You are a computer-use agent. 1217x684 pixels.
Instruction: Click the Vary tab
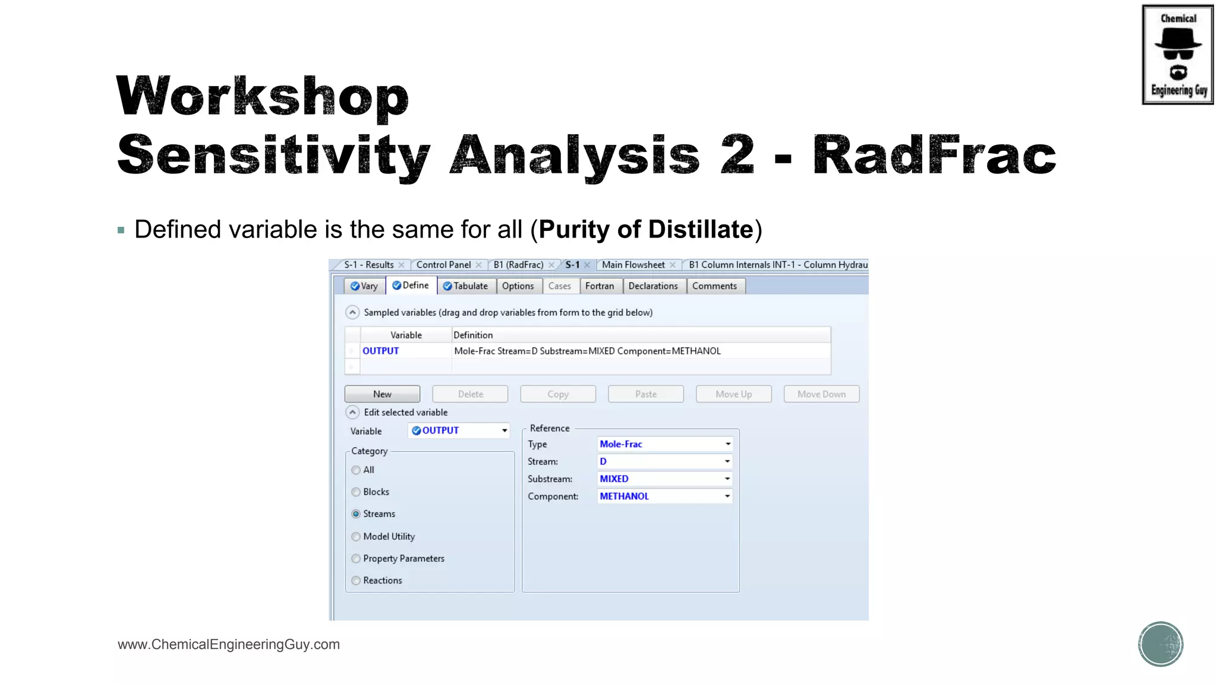pyautogui.click(x=364, y=286)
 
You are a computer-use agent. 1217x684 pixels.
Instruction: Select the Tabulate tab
pyautogui.click(x=465, y=286)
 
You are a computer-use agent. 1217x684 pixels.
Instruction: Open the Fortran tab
pyautogui.click(x=599, y=286)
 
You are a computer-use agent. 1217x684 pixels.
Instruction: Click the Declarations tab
pyautogui.click(x=652, y=286)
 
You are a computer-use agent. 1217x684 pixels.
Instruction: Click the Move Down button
pyautogui.click(x=821, y=394)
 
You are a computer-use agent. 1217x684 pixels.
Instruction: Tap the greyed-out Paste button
pyautogui.click(x=645, y=394)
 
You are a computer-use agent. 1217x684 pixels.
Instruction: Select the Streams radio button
pyautogui.click(x=356, y=514)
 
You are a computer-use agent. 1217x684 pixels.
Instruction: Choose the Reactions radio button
pyautogui.click(x=356, y=581)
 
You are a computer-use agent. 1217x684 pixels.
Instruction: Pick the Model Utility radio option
pyautogui.click(x=356, y=537)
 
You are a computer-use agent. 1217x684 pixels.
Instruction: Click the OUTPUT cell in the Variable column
pyautogui.click(x=381, y=351)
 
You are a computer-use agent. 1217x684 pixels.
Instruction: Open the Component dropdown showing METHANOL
pyautogui.click(x=664, y=496)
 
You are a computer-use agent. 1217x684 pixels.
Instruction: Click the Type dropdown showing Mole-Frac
pyautogui.click(x=664, y=444)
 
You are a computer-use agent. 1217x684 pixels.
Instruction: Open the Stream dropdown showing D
pyautogui.click(x=664, y=461)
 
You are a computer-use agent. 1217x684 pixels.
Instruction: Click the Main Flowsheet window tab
pyautogui.click(x=633, y=265)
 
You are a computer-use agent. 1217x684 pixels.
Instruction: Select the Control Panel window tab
pyautogui.click(x=443, y=265)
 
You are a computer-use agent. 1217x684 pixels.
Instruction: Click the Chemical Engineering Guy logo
pyautogui.click(x=1177, y=55)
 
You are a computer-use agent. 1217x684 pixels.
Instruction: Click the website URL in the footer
pyautogui.click(x=229, y=644)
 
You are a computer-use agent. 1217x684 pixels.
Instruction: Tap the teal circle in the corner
pyautogui.click(x=1160, y=644)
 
